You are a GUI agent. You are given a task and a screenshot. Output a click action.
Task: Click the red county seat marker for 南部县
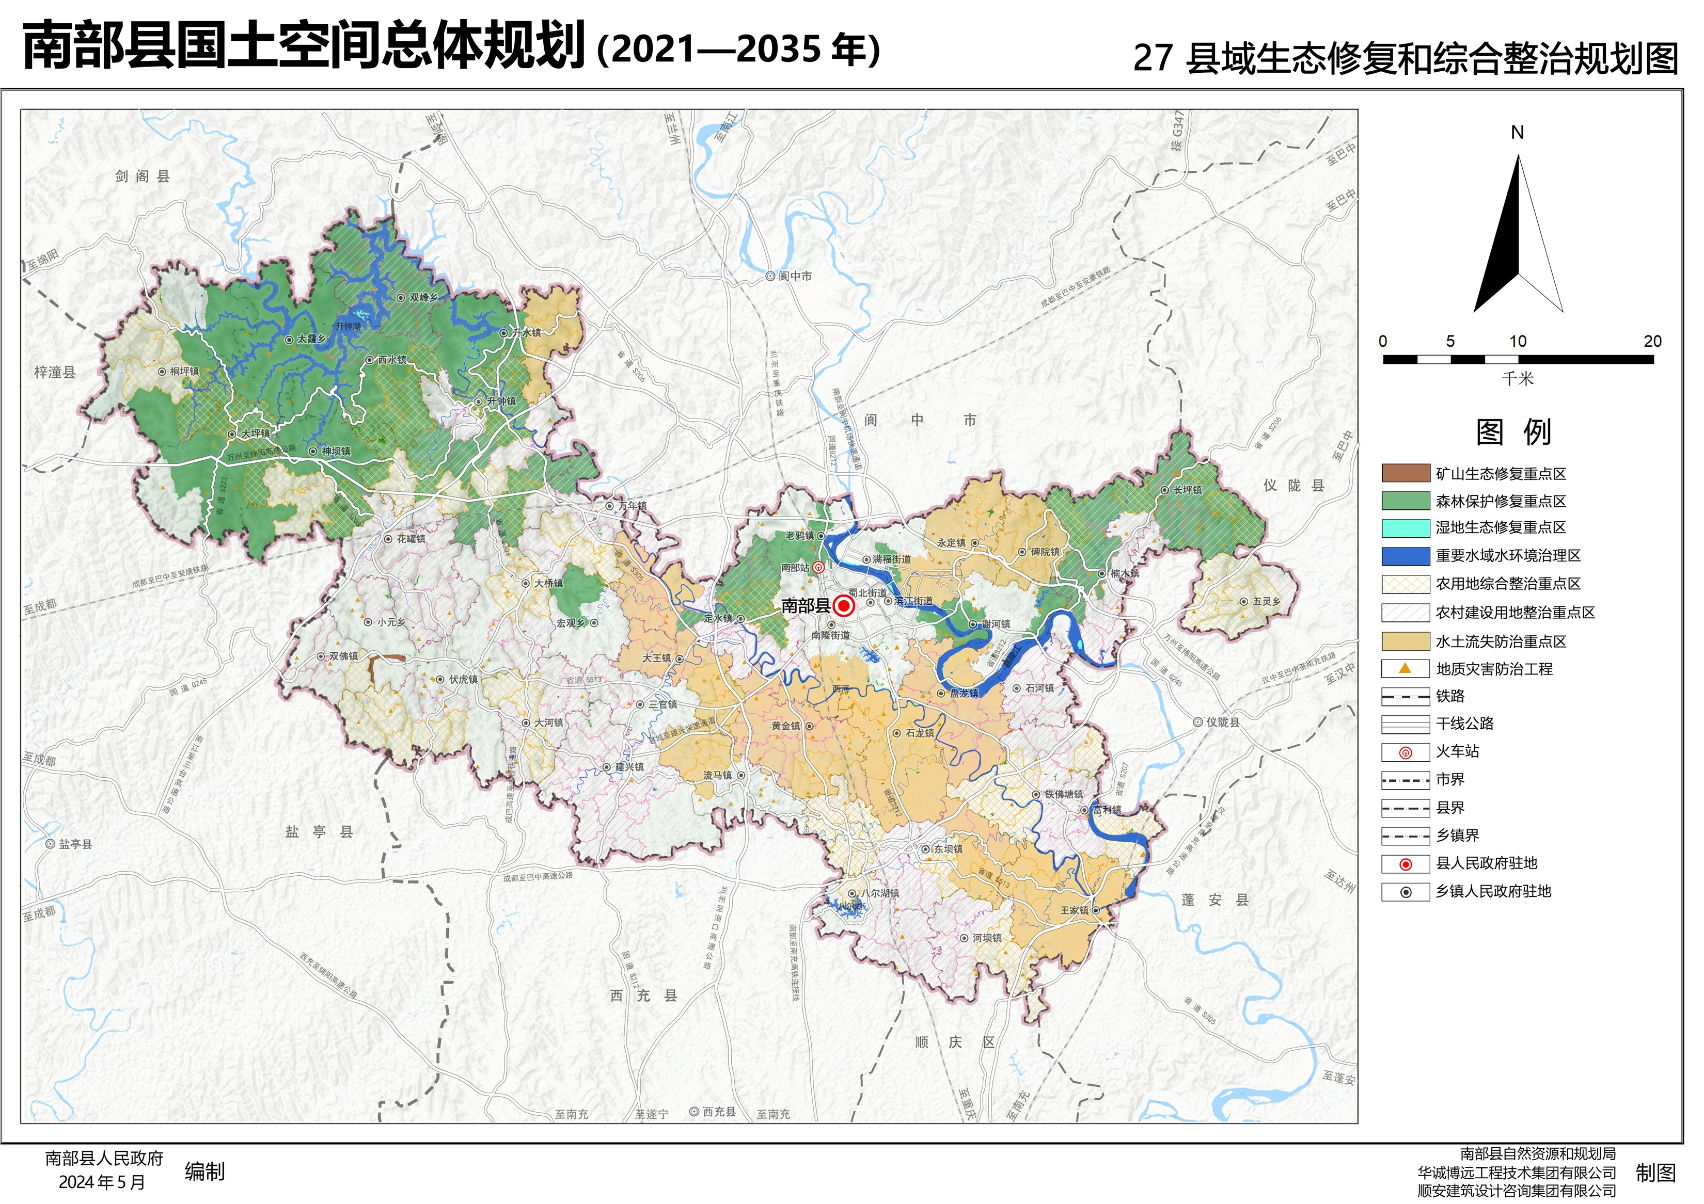coord(844,606)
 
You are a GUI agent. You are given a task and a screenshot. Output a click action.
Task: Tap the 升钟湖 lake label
coord(348,326)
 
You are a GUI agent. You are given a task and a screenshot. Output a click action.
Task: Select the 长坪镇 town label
coord(1188,490)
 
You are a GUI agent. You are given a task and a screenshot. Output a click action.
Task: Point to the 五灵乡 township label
coord(1266,602)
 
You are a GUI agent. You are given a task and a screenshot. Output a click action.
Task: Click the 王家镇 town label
coord(1074,910)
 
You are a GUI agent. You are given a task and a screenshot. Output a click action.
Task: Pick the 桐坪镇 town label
coord(184,371)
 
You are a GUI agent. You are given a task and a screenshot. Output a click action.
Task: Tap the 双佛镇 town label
coord(343,656)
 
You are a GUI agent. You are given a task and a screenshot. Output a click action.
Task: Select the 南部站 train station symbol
coord(818,568)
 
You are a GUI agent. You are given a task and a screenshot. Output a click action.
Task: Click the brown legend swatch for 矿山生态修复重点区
coord(1406,473)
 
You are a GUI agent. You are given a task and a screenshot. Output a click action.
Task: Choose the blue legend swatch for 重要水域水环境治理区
coord(1406,556)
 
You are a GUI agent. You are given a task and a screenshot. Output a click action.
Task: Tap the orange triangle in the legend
coord(1405,668)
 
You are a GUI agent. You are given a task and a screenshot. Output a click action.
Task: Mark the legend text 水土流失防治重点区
coord(1501,641)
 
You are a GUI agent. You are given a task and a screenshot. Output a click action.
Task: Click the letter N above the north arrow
coord(1517,133)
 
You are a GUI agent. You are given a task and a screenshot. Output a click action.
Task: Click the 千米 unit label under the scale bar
coord(1517,378)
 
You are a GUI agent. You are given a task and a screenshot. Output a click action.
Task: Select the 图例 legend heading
coord(1513,432)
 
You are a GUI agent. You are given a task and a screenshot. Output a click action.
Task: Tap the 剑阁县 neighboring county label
coord(143,176)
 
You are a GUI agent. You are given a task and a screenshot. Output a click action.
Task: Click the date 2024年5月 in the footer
coord(102,1182)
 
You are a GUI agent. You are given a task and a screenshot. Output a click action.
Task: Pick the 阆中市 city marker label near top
coord(795,276)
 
